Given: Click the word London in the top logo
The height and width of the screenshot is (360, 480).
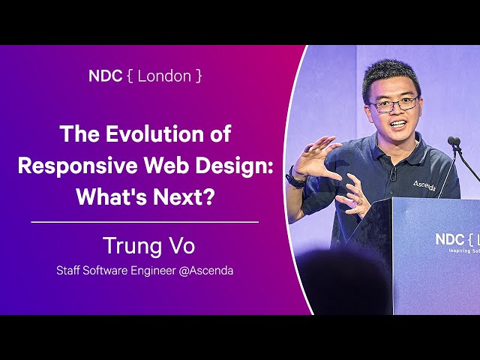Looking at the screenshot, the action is click(x=164, y=76).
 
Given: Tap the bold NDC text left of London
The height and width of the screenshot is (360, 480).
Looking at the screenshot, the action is click(x=105, y=76).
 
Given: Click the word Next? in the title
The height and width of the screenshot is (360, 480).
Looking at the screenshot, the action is click(x=183, y=196).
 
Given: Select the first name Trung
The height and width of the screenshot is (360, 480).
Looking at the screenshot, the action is click(x=132, y=246).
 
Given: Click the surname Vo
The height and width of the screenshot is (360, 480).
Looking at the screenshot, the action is click(x=181, y=246).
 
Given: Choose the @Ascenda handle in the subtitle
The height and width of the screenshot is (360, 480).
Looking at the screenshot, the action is click(x=206, y=271).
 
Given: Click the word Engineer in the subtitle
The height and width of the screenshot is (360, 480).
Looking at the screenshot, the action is click(x=153, y=271).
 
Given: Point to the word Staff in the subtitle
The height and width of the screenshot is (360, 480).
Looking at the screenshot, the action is click(x=68, y=271).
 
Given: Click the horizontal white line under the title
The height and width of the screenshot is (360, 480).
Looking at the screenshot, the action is click(x=145, y=222).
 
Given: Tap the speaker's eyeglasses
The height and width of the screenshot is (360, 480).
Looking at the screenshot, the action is click(x=394, y=104).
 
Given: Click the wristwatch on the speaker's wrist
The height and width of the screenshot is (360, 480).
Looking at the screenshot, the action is click(x=295, y=178).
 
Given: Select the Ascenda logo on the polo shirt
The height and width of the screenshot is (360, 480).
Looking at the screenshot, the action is click(x=424, y=185).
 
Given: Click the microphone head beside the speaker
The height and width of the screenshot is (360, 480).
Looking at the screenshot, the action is click(x=454, y=142).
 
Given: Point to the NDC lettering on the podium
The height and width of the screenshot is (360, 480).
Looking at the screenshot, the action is click(x=450, y=239).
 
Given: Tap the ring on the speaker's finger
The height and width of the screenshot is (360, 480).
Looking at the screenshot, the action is click(x=360, y=202).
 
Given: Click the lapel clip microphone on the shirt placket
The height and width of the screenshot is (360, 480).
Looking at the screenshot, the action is click(x=393, y=174).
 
